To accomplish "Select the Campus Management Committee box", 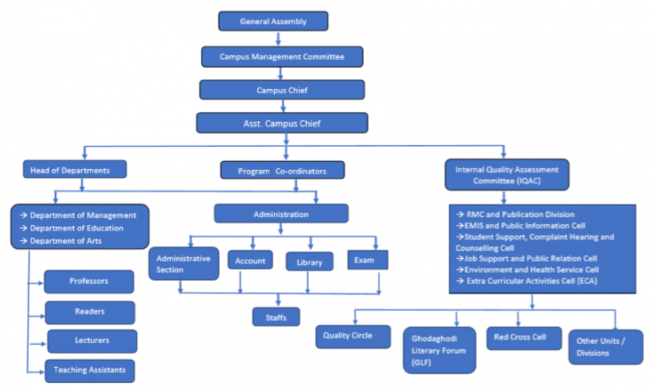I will point(282,56).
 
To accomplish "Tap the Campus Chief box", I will point(282,90).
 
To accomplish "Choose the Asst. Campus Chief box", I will point(282,122).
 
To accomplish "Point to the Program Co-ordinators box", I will point(281,170).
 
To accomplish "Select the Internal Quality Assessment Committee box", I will point(506,174).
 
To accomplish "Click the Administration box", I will point(281,214).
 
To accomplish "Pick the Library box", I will point(310,262).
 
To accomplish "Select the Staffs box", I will point(275,316).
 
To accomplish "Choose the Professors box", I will point(89,282).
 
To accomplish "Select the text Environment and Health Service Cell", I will point(532,270).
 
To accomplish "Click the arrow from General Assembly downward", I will point(278,37).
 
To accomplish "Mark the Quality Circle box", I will point(353,336).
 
